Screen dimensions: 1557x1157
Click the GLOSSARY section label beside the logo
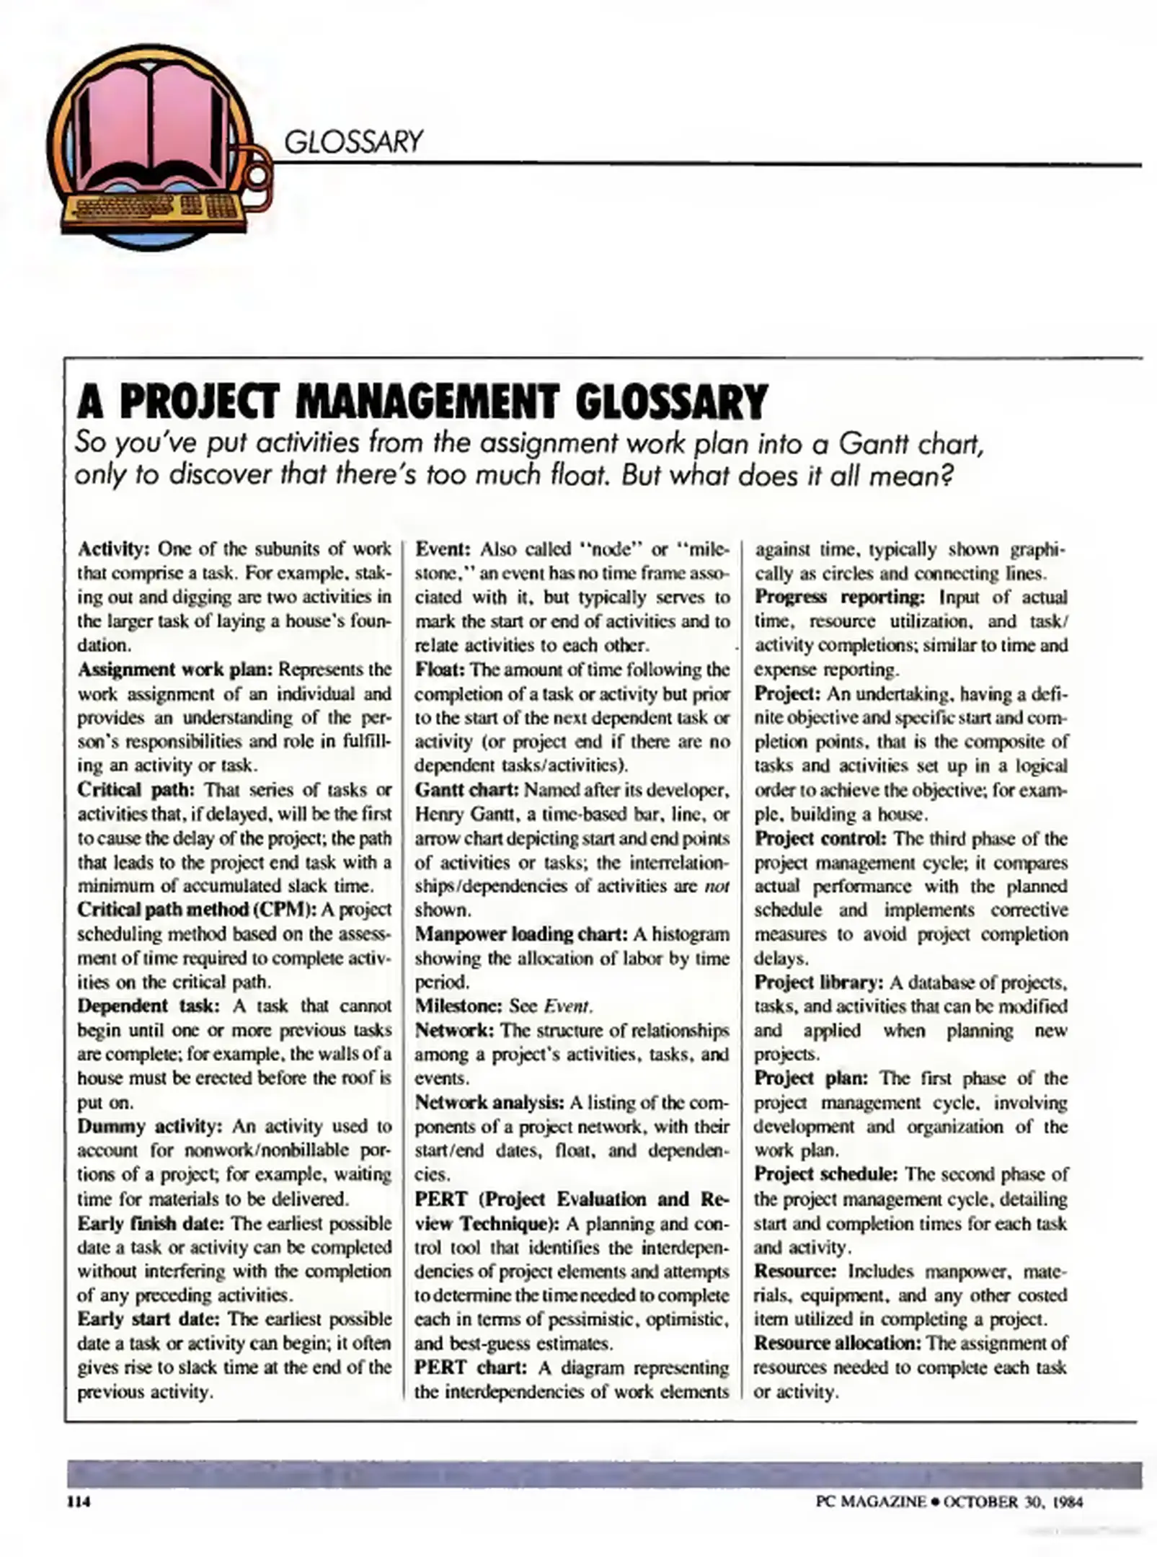353,141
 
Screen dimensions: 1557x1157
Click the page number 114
77,1501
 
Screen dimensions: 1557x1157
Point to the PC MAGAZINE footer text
871,1501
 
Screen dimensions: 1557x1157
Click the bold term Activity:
113,549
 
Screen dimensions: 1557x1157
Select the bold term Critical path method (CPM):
197,910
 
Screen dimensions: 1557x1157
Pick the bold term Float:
440,670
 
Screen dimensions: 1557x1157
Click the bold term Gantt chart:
466,790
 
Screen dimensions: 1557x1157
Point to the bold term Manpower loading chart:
521,934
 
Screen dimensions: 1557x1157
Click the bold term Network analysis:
489,1102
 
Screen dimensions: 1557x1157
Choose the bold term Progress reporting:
839,598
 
